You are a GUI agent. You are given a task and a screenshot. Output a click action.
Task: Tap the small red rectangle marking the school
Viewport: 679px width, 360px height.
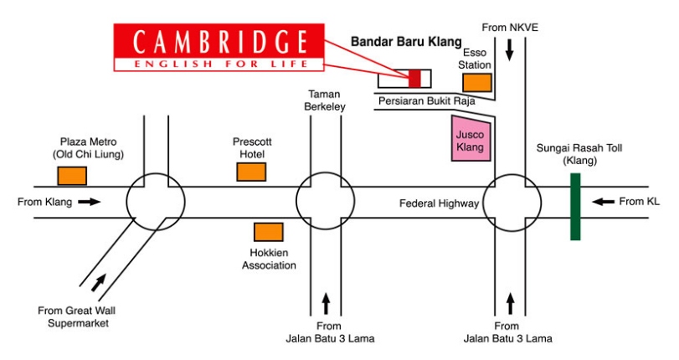[414, 79]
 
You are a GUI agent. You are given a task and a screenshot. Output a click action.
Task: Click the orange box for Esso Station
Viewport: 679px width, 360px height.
[477, 82]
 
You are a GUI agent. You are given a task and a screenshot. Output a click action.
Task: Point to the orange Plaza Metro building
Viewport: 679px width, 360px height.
[72, 176]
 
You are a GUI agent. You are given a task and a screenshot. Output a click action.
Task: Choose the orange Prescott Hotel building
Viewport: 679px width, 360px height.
[251, 172]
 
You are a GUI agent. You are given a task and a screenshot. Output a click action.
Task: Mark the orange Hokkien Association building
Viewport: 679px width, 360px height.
[269, 232]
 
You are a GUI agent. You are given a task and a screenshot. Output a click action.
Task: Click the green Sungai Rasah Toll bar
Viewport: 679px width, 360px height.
[575, 206]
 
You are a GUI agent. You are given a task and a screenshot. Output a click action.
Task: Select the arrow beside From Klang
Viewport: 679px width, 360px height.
[90, 201]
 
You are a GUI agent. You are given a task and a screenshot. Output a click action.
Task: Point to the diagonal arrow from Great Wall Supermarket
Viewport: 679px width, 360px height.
[99, 283]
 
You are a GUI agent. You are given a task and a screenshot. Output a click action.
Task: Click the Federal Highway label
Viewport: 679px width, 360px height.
[439, 203]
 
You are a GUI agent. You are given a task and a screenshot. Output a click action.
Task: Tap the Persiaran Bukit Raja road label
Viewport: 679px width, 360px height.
[426, 101]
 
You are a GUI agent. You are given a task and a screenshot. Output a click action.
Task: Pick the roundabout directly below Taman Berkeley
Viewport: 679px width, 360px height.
[326, 202]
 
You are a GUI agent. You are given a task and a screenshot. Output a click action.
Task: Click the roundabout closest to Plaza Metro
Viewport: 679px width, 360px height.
[156, 202]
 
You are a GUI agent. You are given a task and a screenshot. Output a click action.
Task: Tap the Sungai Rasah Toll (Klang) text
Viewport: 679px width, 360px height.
[575, 154]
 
